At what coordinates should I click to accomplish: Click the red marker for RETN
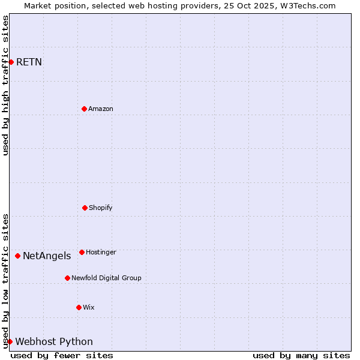click(11, 62)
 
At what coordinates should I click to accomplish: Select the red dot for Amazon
click(84, 109)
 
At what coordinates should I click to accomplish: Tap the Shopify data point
click(85, 208)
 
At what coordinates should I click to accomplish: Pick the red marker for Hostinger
click(82, 252)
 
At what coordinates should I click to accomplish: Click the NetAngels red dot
click(17, 256)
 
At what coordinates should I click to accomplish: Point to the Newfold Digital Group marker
click(67, 278)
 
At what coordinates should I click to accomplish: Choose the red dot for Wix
click(79, 307)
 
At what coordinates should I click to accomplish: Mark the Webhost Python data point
click(10, 341)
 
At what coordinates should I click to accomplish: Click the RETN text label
click(29, 62)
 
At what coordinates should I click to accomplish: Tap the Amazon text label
click(101, 109)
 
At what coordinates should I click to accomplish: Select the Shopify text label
click(101, 208)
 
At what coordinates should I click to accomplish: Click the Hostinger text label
click(101, 252)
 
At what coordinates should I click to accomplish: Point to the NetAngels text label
click(47, 256)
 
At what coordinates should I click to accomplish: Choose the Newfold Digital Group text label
click(106, 278)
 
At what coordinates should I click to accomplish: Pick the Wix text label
click(89, 307)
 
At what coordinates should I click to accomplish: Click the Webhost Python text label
click(54, 341)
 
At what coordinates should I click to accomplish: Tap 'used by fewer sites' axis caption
click(62, 355)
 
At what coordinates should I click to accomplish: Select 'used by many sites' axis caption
click(301, 355)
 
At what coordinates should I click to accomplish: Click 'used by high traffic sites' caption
click(5, 85)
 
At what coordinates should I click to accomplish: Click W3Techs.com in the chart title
click(307, 5)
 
